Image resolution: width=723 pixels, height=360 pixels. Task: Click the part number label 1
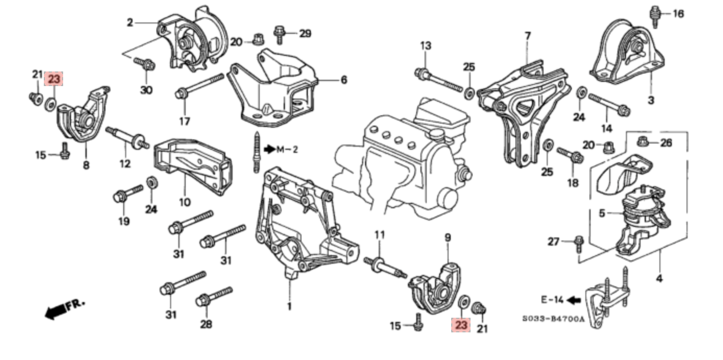[290, 306]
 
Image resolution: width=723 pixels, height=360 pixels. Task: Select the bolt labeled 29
[279, 34]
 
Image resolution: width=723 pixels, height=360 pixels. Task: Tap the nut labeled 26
[642, 141]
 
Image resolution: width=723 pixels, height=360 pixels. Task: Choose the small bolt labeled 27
[579, 241]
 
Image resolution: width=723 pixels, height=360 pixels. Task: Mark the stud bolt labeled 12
[126, 137]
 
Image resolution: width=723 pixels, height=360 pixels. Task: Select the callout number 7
[527, 36]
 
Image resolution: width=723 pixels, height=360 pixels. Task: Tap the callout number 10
[185, 201]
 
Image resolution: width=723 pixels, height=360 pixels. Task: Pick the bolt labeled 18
[569, 154]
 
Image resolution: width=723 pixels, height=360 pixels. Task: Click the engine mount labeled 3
[629, 52]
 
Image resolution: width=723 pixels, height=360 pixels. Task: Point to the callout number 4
[659, 279]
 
